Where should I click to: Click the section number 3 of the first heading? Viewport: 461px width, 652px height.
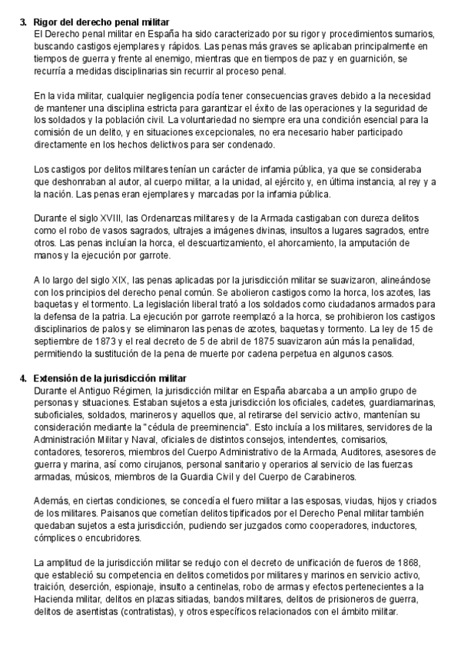[22, 24]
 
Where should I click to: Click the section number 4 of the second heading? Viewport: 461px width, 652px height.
[22, 378]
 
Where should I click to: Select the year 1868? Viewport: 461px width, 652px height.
[404, 564]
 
